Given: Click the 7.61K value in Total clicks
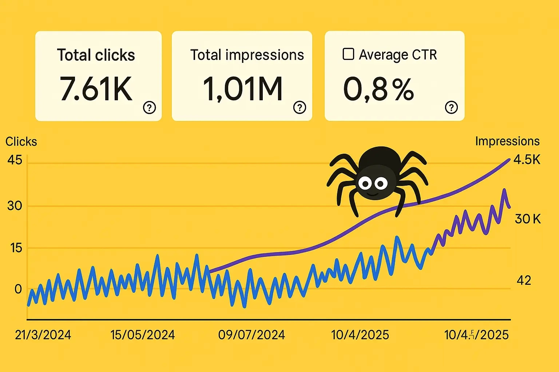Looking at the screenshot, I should [96, 89].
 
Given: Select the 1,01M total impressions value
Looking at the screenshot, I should [243, 89].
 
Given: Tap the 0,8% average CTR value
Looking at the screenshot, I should [378, 89].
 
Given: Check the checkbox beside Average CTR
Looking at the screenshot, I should [348, 54].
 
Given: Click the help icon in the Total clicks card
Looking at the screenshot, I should [149, 108].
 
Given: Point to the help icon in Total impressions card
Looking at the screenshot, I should [300, 108].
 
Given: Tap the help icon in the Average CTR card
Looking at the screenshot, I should [451, 108].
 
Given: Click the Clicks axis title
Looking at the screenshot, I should [21, 141].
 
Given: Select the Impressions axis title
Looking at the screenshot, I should [507, 141].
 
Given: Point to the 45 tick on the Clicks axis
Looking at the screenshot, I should [15, 160].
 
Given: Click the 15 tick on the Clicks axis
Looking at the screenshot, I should [16, 248].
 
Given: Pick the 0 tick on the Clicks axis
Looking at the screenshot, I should [18, 289].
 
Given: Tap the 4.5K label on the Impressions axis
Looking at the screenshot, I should [527, 160].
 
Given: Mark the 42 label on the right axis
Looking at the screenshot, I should [524, 280].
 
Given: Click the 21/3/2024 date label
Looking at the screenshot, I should [43, 335].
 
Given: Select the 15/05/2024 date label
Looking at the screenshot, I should [143, 335].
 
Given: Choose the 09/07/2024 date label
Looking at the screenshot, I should [251, 335].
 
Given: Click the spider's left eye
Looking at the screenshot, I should [365, 182].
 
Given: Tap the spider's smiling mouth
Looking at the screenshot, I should [372, 193].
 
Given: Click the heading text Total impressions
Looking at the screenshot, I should [247, 55].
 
